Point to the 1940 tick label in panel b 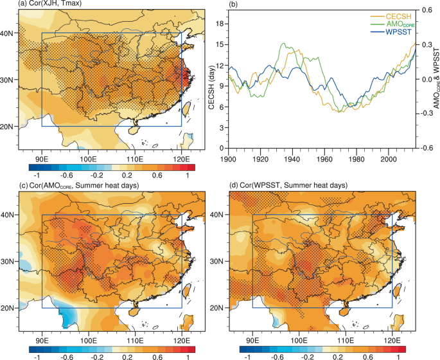pyautogui.click(x=291, y=157)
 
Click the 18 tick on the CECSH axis pyautogui.click(x=218, y=24)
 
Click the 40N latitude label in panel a pyautogui.click(x=8, y=33)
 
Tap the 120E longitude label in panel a pyautogui.click(x=180, y=157)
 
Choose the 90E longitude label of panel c pyautogui.click(x=42, y=339)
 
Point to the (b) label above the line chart pyautogui.click(x=233, y=4)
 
